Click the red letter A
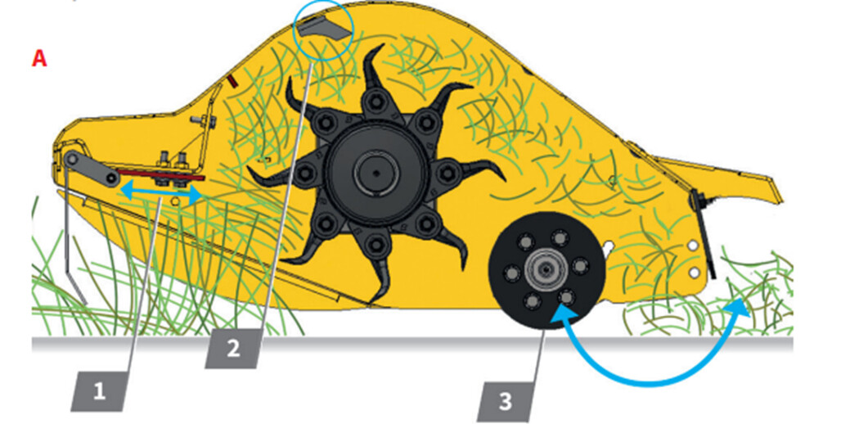coord(39,59)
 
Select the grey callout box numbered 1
coord(99,391)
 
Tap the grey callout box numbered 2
coord(233,350)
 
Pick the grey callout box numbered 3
coord(505,402)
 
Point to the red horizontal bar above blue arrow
coord(161,174)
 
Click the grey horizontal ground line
coord(412,344)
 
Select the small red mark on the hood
coord(232,81)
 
